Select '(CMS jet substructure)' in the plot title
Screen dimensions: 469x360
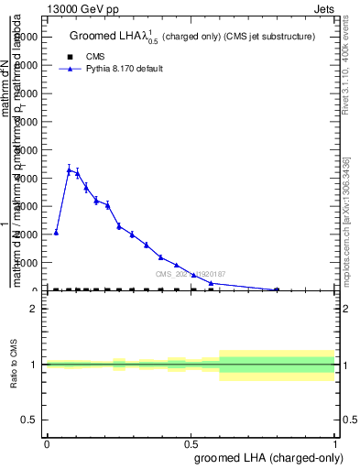(271, 37)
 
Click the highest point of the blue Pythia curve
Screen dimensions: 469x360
(69, 169)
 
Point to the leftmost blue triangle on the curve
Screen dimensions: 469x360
(56, 232)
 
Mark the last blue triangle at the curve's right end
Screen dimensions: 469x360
(277, 289)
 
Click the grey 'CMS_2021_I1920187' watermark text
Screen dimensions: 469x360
(189, 274)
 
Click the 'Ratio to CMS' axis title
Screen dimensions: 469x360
(14, 364)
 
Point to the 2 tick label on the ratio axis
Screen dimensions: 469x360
(34, 309)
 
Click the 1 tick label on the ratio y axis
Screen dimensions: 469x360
(34, 365)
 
